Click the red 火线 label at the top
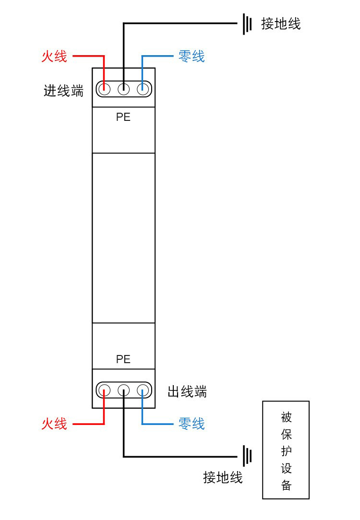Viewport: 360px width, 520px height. point(54,57)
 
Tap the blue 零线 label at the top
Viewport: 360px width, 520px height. point(192,57)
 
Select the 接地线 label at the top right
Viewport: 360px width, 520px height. point(281,24)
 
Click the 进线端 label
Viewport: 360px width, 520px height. point(63,91)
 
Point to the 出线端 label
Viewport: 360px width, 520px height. point(187,391)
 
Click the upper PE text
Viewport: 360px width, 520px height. point(123,117)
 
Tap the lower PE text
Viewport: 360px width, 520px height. point(123,359)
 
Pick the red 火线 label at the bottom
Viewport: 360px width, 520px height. point(54,424)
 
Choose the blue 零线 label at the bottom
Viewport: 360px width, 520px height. point(192,424)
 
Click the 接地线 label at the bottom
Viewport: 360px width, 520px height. point(223,477)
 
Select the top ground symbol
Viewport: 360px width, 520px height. point(247,24)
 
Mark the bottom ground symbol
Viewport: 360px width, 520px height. point(247,456)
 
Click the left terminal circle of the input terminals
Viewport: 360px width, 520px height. point(104,89)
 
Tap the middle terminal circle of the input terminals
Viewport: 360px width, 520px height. point(123,89)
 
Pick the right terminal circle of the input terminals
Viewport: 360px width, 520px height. point(143,89)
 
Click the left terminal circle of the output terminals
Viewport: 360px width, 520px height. point(104,390)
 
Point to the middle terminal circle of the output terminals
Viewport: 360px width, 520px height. point(123,390)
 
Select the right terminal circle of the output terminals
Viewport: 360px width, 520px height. point(143,390)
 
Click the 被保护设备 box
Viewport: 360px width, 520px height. point(286,450)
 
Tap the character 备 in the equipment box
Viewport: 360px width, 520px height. point(286,485)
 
